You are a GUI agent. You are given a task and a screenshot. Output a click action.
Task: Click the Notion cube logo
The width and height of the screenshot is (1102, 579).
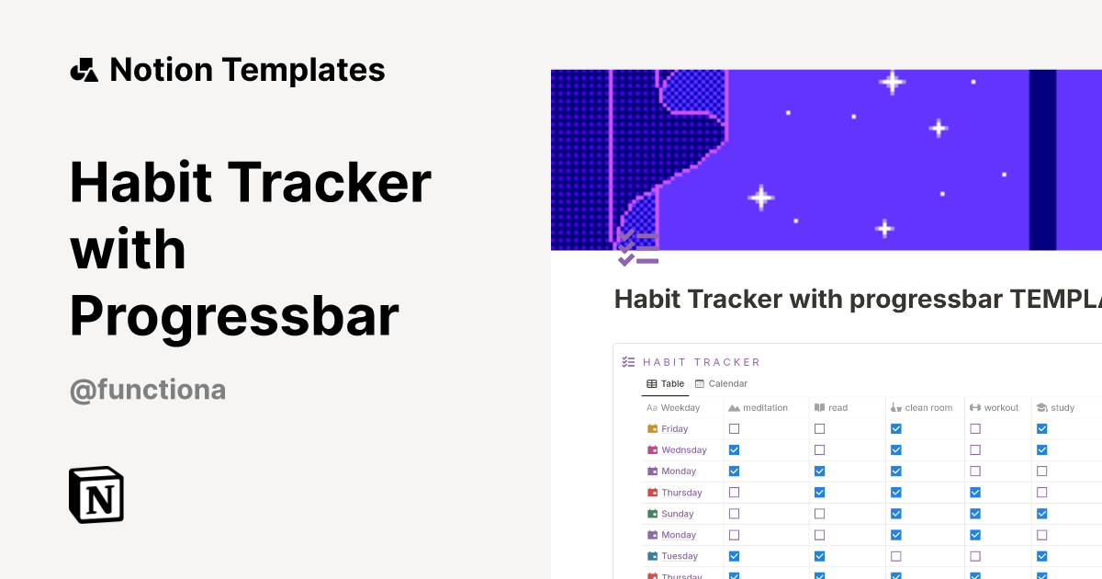(96, 494)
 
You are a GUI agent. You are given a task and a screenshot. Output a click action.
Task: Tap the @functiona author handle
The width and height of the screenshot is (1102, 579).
(148, 390)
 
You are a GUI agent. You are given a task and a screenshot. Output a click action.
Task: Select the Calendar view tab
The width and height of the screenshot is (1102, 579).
(721, 383)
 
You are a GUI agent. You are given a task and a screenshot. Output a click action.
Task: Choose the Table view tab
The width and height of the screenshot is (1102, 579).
(666, 383)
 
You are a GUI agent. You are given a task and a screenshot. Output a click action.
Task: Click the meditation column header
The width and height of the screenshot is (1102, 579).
(759, 407)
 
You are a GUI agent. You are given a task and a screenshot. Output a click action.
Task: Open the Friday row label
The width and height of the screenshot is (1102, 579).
(674, 428)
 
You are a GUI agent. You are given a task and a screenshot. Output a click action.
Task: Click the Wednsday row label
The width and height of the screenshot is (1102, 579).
(683, 449)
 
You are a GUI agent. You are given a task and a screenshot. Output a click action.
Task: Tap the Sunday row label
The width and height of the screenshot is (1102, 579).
(677, 514)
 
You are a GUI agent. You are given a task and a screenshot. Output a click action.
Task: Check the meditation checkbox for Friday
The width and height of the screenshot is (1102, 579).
(734, 428)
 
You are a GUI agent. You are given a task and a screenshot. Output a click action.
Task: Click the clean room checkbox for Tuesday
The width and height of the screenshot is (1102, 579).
(895, 556)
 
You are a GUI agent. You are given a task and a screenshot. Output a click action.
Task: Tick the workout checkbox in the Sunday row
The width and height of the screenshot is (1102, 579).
(975, 514)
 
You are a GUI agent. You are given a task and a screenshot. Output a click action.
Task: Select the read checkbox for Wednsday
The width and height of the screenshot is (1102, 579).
(819, 449)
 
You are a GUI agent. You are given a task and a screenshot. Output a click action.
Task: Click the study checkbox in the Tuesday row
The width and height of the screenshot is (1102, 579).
(1041, 556)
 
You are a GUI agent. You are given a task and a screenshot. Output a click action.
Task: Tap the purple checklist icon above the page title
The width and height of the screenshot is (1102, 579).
(638, 248)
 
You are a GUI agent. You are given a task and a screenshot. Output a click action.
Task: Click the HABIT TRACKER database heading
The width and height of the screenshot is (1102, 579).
(701, 362)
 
